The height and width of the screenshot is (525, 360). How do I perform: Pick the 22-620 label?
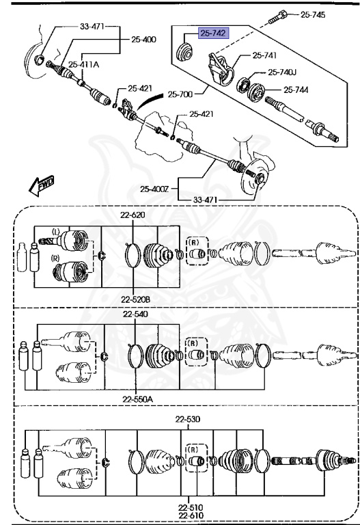click(x=133, y=215)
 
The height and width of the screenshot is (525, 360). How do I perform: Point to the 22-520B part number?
click(x=137, y=299)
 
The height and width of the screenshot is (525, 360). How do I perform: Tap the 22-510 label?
click(x=188, y=507)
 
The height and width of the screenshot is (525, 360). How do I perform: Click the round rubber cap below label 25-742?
click(x=183, y=51)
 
